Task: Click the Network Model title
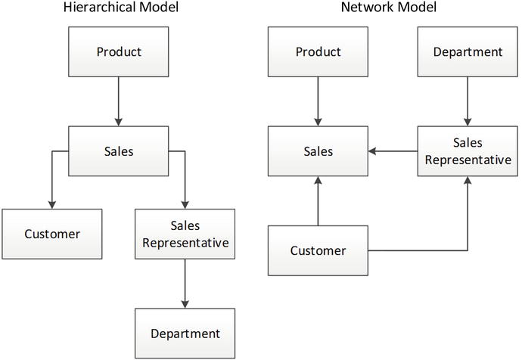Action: [x=389, y=8]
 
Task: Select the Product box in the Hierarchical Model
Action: [x=119, y=52]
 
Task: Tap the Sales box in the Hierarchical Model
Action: [x=119, y=151]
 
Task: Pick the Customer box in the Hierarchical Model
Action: [x=51, y=234]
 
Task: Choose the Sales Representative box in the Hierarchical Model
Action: [x=185, y=234]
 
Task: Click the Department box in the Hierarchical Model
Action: [x=185, y=334]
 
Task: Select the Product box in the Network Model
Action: [x=318, y=52]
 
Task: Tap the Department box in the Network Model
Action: [x=468, y=52]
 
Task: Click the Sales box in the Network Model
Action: [x=318, y=151]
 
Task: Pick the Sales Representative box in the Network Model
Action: [x=468, y=151]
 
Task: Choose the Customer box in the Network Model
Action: [x=318, y=250]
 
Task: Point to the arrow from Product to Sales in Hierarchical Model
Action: [x=119, y=101]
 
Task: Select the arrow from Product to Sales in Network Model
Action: [x=318, y=101]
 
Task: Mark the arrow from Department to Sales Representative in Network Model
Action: [x=468, y=101]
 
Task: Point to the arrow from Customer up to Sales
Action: [x=318, y=201]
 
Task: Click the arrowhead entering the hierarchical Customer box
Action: [x=51, y=204]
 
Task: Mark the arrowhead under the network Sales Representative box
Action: [x=468, y=182]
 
